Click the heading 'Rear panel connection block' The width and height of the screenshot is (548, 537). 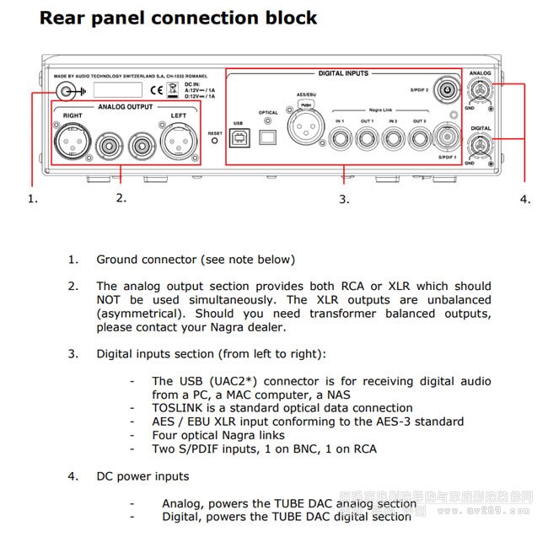179,17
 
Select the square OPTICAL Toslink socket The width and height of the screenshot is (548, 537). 268,136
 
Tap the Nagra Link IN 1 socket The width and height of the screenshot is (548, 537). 339,137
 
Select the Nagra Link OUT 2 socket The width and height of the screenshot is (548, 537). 419,137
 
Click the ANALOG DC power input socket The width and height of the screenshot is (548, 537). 481,96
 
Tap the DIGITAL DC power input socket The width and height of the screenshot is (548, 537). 481,145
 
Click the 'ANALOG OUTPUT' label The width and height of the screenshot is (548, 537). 126,107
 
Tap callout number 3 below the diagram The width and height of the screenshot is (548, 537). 344,199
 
